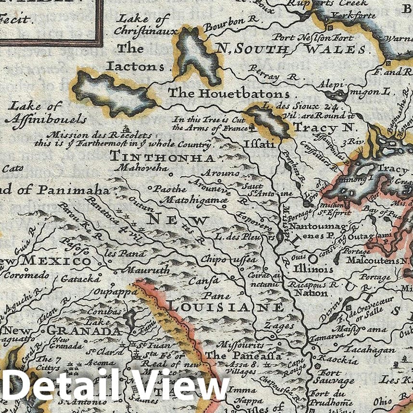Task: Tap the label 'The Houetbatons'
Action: tap(228, 93)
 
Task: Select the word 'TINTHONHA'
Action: tap(162, 157)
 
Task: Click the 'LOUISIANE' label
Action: tap(225, 307)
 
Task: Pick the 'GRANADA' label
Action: tap(84, 331)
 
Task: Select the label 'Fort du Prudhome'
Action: tap(334, 399)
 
